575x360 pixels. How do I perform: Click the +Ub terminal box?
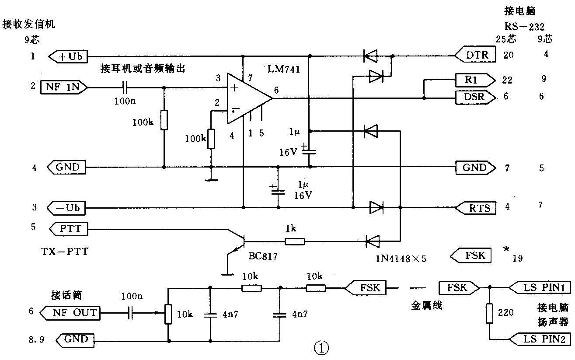point(69,56)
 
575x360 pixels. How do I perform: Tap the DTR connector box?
point(475,55)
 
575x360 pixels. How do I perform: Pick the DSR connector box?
point(475,97)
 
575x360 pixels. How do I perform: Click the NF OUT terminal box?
point(70,312)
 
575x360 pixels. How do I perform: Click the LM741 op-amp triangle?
point(247,98)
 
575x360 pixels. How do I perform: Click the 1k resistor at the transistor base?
point(295,241)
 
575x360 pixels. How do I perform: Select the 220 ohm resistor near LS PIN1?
point(489,314)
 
